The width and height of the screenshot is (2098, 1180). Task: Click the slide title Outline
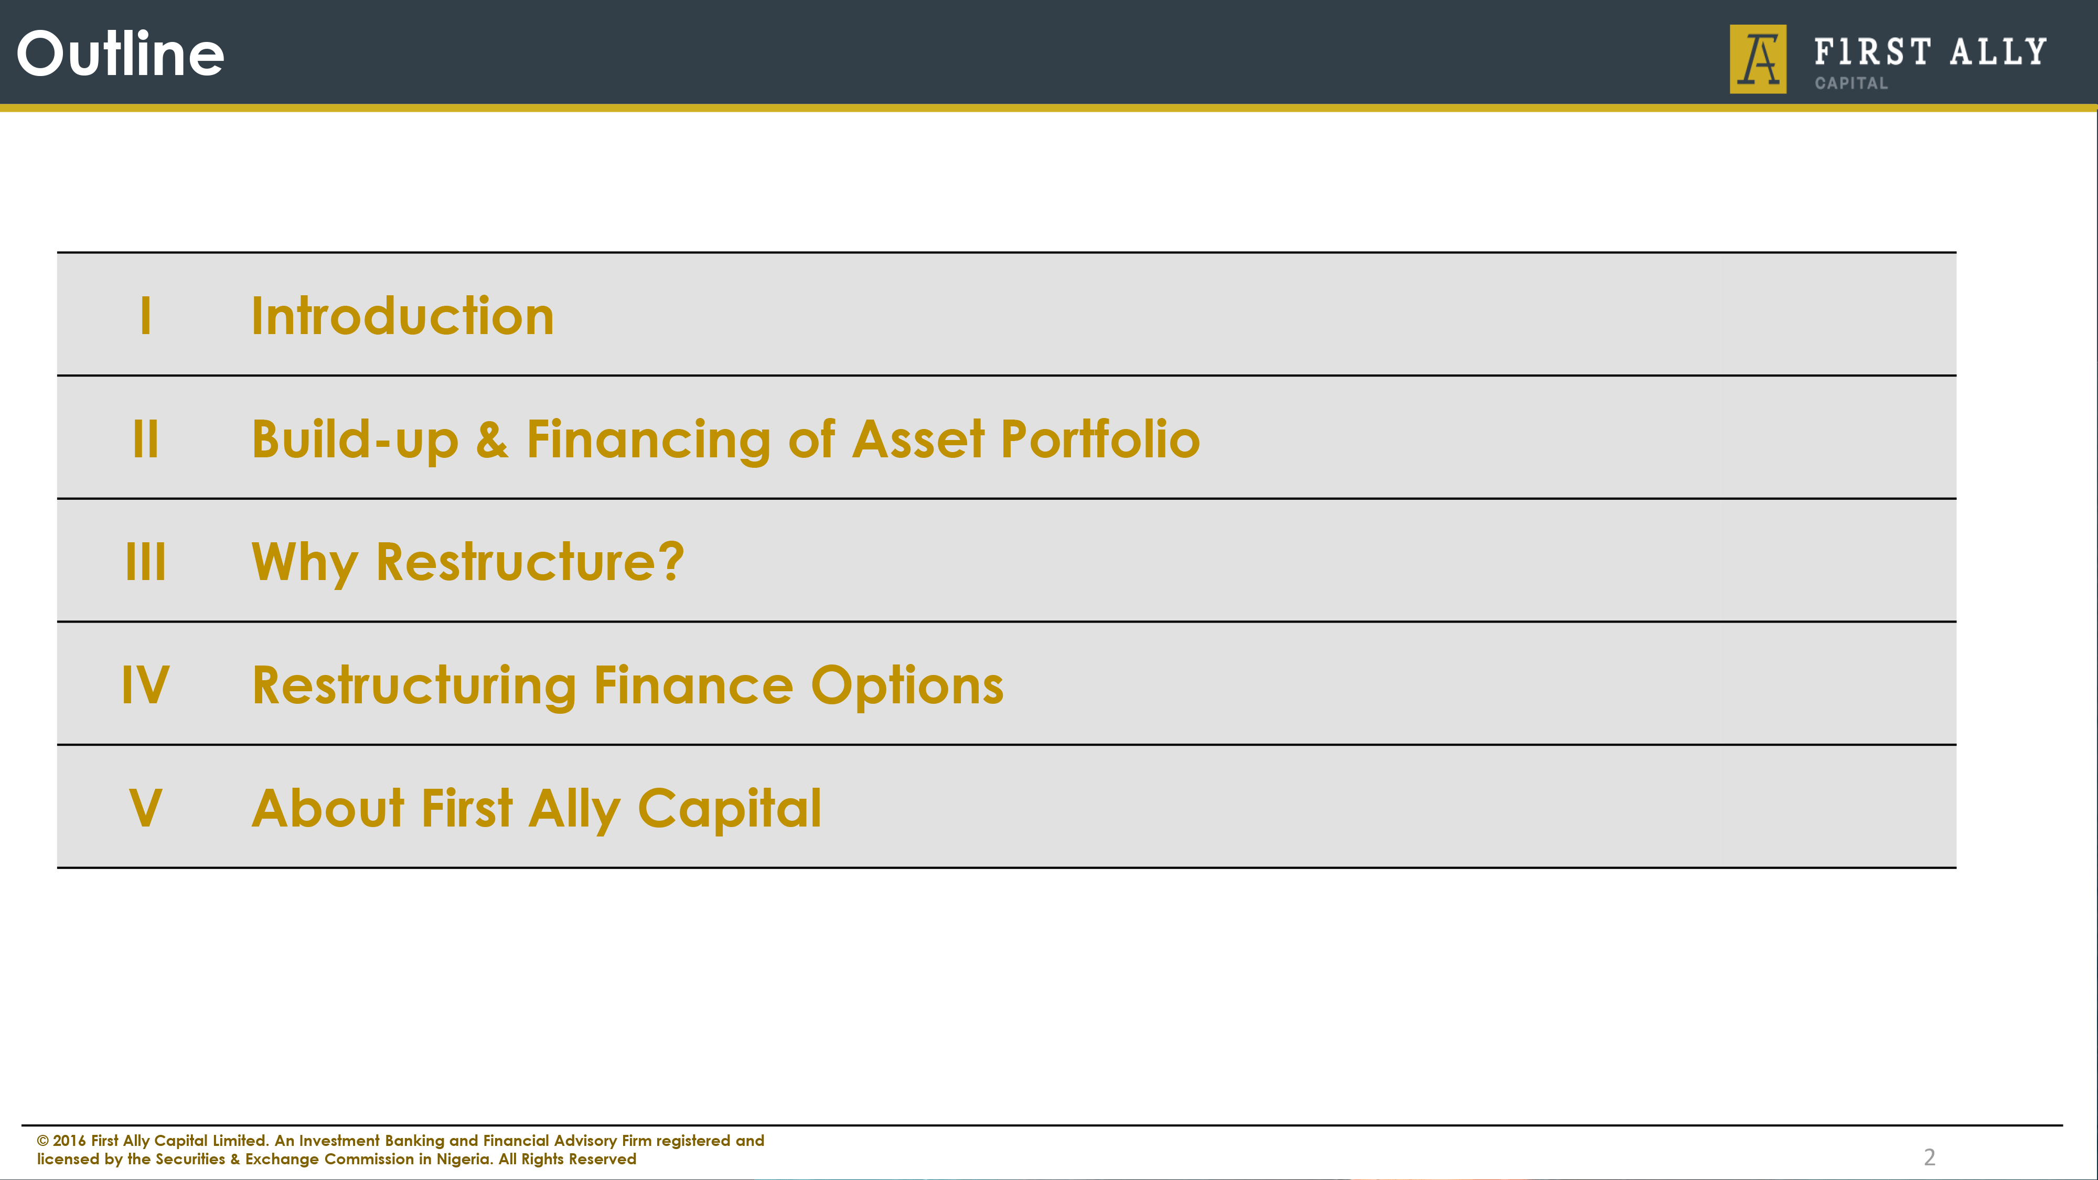point(121,53)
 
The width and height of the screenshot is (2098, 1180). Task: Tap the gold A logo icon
point(1758,59)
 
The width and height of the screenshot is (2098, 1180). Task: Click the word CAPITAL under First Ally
point(1850,83)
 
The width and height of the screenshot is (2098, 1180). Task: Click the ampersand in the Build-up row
point(492,440)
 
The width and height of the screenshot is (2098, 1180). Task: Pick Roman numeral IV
point(146,685)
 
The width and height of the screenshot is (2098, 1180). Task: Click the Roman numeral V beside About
point(146,809)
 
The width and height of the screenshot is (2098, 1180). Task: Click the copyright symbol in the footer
point(42,1141)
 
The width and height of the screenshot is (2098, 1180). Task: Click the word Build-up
point(355,441)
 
